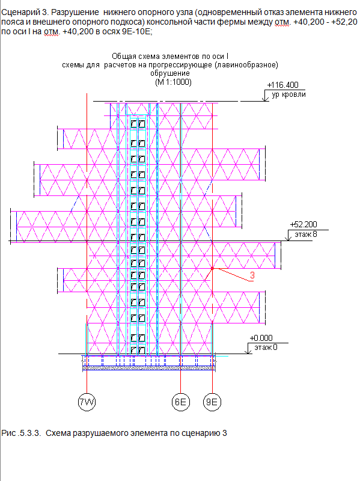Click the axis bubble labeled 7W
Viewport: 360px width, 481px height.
click(x=87, y=402)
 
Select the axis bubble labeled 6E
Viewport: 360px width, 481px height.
click(x=181, y=402)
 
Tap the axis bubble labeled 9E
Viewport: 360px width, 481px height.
click(x=212, y=402)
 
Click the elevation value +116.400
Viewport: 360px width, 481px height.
click(x=282, y=85)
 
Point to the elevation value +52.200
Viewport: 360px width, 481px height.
click(x=304, y=224)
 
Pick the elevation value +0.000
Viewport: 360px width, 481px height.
click(x=261, y=338)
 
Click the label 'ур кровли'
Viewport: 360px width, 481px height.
click(x=288, y=94)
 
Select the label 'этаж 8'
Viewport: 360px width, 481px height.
click(x=306, y=234)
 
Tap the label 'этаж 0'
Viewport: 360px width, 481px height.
click(x=266, y=348)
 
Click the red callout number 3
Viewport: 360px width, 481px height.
click(x=252, y=275)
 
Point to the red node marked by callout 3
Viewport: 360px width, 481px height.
click(x=212, y=268)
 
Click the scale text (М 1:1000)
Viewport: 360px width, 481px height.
click(x=173, y=82)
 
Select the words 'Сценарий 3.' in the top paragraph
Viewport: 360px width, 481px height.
click(x=25, y=12)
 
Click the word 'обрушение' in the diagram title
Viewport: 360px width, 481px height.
click(x=170, y=73)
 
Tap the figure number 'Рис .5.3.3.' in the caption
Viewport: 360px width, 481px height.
click(x=21, y=433)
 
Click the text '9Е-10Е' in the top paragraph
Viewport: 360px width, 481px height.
click(x=136, y=31)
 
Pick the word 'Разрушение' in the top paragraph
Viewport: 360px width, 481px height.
click(x=75, y=12)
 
